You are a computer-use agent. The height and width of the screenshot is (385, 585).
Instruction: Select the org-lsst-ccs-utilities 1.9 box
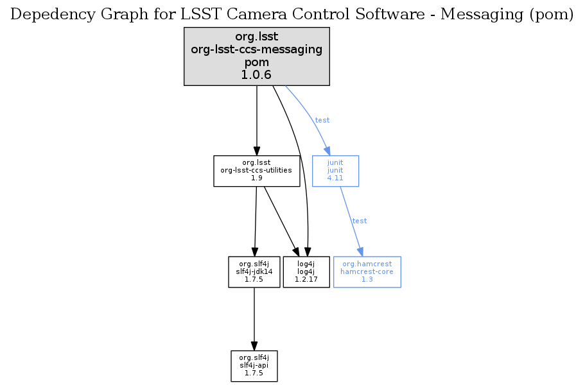257,171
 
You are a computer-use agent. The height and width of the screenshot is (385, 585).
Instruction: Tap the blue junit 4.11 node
335,171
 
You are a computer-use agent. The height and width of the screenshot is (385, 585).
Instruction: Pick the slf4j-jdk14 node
254,272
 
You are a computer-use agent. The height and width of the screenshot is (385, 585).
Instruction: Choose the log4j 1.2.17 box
306,272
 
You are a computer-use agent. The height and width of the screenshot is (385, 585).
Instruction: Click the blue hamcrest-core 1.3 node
367,272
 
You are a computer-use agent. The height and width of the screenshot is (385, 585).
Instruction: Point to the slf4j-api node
254,366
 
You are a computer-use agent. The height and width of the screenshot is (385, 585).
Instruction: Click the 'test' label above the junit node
322,120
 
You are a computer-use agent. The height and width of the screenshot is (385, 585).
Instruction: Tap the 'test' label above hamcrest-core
360,221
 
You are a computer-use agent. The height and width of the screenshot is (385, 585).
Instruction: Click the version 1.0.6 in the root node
257,75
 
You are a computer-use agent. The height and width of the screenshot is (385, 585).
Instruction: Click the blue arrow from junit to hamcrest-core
350,221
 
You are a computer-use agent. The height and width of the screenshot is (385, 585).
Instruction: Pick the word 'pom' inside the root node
257,63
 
